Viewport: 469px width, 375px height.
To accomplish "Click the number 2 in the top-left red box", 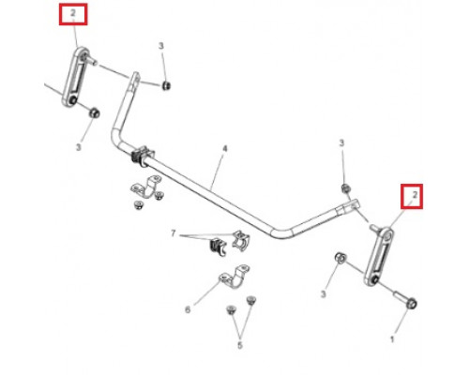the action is pyautogui.click(x=73, y=13).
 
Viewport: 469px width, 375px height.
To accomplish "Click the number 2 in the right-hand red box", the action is pyautogui.click(x=415, y=195).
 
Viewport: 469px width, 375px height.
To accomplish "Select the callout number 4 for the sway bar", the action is pyautogui.click(x=225, y=149).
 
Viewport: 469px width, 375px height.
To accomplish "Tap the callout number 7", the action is pyautogui.click(x=174, y=233).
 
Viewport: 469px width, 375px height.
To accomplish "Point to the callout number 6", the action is pyautogui.click(x=188, y=309).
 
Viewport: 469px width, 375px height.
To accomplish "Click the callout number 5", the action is pyautogui.click(x=240, y=345).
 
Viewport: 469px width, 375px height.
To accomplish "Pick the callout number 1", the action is pyautogui.click(x=392, y=339).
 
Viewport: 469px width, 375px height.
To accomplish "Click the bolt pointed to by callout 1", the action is pyautogui.click(x=405, y=299).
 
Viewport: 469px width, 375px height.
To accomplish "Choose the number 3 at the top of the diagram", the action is pyautogui.click(x=161, y=46).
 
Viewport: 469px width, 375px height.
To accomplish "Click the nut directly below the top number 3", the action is pyautogui.click(x=166, y=85).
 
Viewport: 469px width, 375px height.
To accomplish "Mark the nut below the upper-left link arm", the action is pyautogui.click(x=95, y=112).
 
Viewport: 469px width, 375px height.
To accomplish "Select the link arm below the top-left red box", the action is pyautogui.click(x=75, y=77).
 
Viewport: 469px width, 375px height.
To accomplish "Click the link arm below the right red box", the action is pyautogui.click(x=378, y=256).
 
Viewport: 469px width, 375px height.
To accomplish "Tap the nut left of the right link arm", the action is pyautogui.click(x=340, y=258).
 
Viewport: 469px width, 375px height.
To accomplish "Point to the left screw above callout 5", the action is pyautogui.click(x=231, y=310).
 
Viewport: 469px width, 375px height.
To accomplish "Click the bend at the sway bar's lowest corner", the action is pyautogui.click(x=280, y=232).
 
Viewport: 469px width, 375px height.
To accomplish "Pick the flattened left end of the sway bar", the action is pyautogui.click(x=135, y=80).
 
